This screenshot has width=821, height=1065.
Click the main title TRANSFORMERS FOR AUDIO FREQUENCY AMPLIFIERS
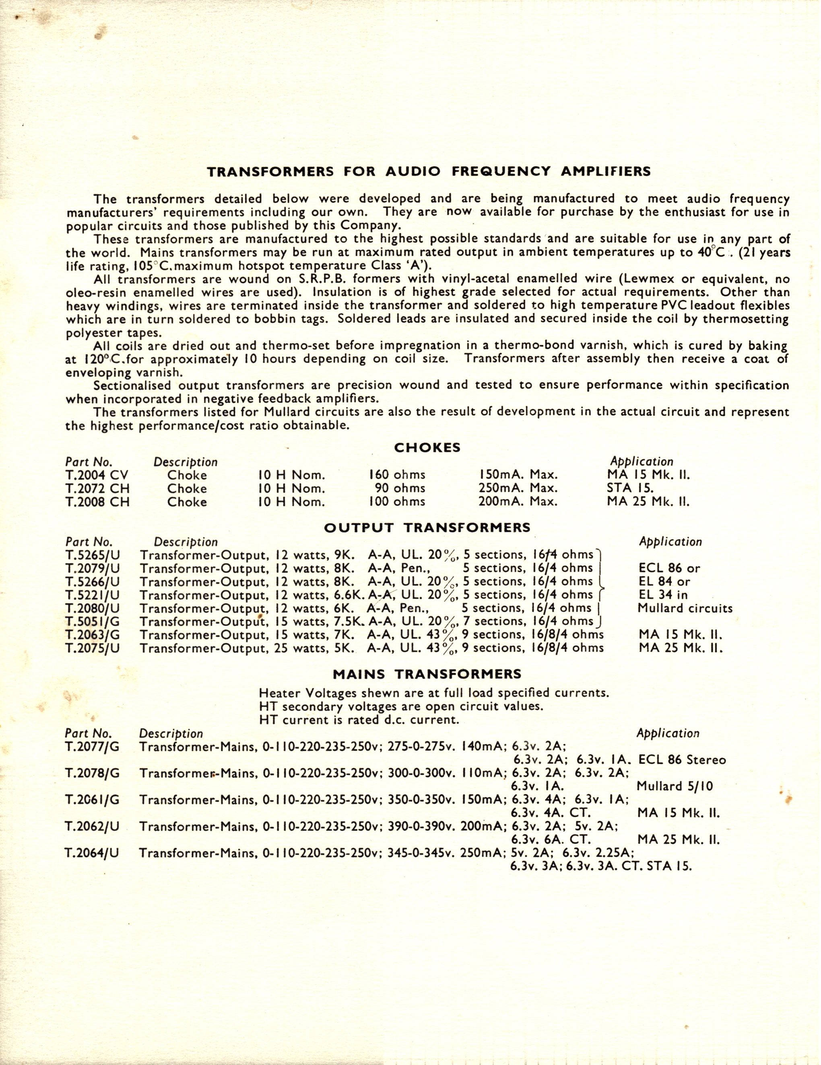point(429,172)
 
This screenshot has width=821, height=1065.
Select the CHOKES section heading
point(427,447)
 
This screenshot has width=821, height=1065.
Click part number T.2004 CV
point(97,475)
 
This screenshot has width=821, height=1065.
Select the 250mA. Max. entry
point(518,488)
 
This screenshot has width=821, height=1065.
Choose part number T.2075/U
point(93,648)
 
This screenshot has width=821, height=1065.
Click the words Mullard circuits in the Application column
point(685,609)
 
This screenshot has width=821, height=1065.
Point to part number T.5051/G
point(93,622)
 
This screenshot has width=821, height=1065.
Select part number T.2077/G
point(92,747)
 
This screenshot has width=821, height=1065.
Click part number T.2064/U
point(92,854)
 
